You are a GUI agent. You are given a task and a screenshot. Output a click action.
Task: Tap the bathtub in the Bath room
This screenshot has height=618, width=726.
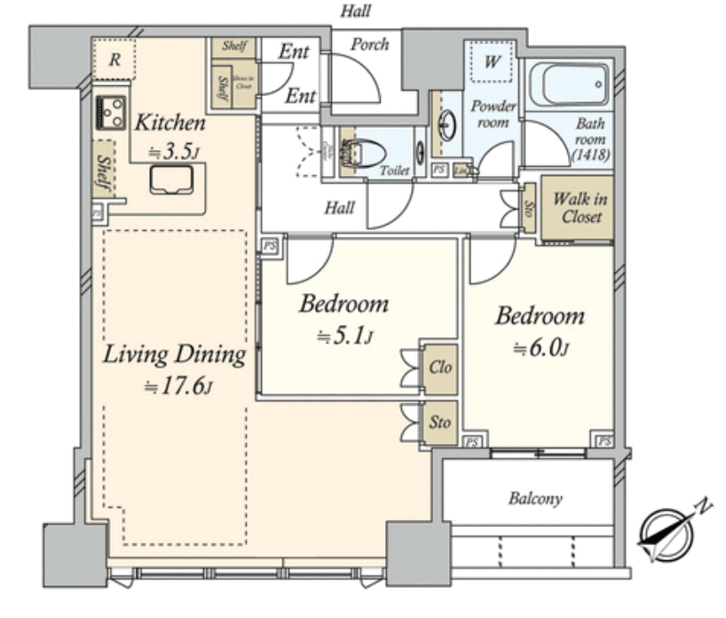(569, 85)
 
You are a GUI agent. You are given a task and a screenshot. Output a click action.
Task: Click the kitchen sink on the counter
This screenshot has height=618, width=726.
(170, 180)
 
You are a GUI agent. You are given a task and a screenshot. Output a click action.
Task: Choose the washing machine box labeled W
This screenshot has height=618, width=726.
(492, 64)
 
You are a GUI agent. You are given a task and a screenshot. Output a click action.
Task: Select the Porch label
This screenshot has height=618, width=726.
(369, 44)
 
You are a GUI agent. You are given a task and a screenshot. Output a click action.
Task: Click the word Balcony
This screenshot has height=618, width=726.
(535, 498)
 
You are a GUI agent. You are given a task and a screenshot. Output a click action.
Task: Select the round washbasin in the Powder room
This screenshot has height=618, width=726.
(449, 125)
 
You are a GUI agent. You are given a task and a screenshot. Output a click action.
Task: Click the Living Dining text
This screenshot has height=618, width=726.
(173, 355)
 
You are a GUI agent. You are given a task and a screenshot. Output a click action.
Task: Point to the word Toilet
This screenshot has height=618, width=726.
(394, 170)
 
